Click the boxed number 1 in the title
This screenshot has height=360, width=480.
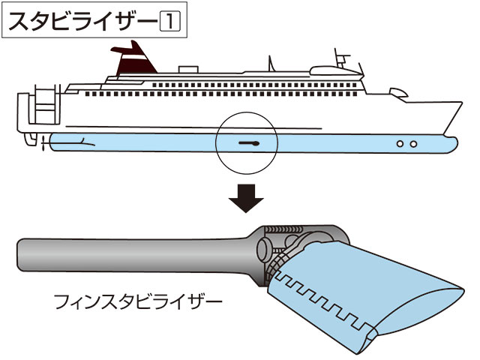point(170,22)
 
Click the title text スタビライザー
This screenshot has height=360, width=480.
point(82,22)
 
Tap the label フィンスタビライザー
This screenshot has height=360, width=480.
point(138,301)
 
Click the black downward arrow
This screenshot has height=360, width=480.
point(246,198)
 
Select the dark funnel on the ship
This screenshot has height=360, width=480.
point(135,60)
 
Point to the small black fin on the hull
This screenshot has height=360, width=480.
point(249,143)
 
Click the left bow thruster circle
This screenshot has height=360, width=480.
point(400,144)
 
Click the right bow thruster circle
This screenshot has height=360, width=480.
point(413,144)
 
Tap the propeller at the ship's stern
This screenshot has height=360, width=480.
point(43,142)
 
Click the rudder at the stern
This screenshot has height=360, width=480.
point(31,139)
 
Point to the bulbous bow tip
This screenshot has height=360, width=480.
point(452,144)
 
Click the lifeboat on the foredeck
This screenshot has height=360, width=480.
point(398,93)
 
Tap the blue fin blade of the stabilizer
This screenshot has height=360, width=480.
point(361,291)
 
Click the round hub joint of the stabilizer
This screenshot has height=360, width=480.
point(262,250)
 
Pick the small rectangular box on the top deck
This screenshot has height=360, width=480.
point(188,70)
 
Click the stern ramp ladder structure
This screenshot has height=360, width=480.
point(46,104)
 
